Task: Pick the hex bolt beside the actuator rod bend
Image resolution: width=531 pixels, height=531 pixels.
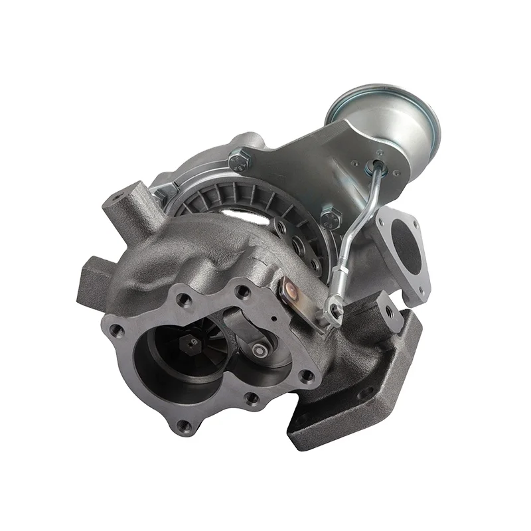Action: [331, 218]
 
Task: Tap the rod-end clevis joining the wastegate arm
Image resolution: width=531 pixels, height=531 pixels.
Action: [334, 309]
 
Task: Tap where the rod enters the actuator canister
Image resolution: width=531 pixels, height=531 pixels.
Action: [379, 163]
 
